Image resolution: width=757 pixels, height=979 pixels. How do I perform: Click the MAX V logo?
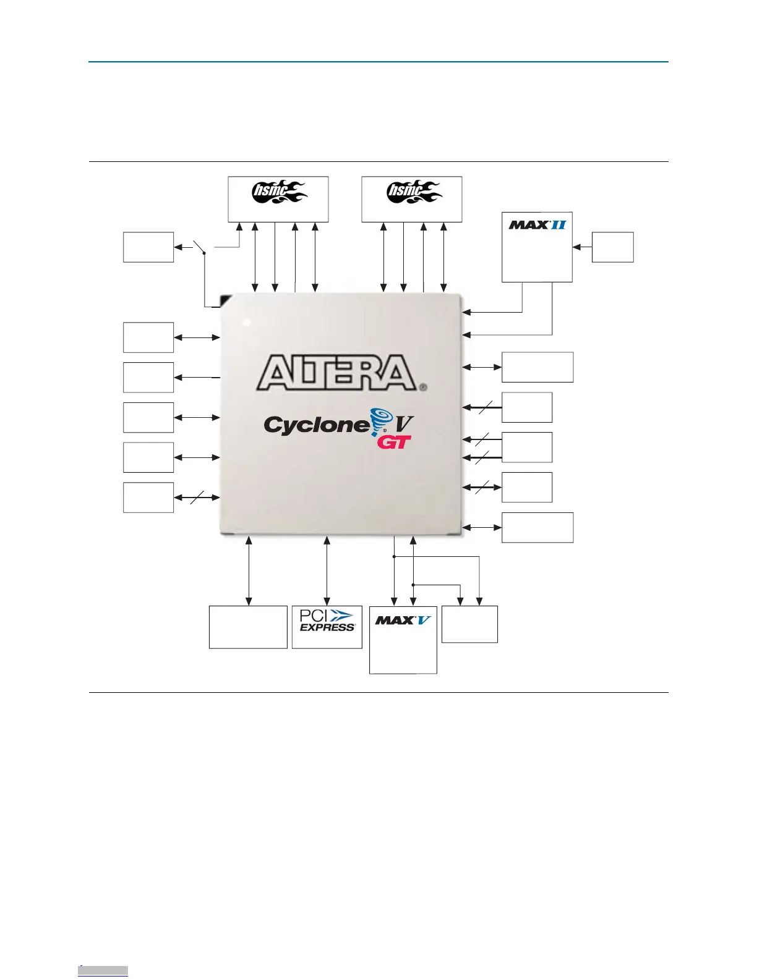pyautogui.click(x=403, y=620)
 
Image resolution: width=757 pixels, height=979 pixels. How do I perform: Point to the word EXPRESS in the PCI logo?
pyautogui.click(x=327, y=627)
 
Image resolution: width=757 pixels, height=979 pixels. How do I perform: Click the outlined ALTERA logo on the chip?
pyautogui.click(x=337, y=373)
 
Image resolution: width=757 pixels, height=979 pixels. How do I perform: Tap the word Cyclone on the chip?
pyautogui.click(x=315, y=425)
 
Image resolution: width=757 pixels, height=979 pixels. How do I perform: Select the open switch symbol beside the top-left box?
pyautogui.click(x=199, y=246)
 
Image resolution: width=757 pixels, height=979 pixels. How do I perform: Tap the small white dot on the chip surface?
pyautogui.click(x=247, y=322)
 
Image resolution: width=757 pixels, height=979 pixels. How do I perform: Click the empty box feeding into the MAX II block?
pyautogui.click(x=612, y=247)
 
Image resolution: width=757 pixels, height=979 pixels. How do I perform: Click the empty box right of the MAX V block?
pyautogui.click(x=469, y=624)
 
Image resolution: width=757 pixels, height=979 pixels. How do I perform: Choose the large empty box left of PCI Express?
pyautogui.click(x=248, y=627)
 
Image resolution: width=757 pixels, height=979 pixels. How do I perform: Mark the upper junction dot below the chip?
pyautogui.click(x=394, y=557)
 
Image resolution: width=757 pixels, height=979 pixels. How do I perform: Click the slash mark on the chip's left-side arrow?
pyautogui.click(x=197, y=498)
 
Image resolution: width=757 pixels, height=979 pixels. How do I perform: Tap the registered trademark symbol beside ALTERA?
pyautogui.click(x=423, y=388)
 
